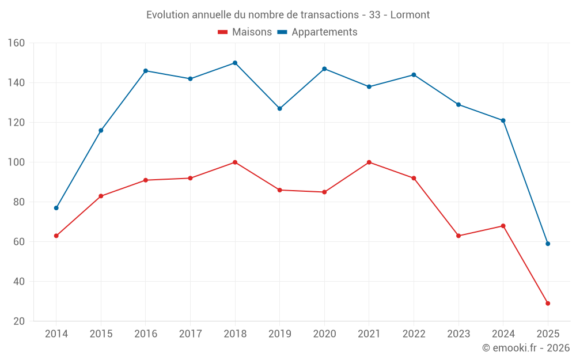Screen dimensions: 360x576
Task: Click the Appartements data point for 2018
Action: coord(235,63)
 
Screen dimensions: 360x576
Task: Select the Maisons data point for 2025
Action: coord(548,304)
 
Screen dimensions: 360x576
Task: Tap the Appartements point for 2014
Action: coord(56,208)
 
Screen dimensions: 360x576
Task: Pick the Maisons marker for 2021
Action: coord(369,162)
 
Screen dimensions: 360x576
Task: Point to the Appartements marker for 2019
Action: coord(280,108)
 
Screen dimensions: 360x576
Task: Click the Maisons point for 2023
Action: coord(458,236)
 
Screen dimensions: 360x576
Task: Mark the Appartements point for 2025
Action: coord(548,244)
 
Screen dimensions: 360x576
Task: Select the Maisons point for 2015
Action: coord(101,196)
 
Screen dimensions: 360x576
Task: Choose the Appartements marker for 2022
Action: coord(414,75)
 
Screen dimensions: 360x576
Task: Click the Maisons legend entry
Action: coord(245,32)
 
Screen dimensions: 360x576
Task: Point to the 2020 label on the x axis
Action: coord(324,334)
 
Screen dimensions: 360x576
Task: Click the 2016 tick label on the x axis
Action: coord(145,334)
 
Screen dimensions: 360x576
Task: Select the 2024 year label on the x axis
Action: coord(503,334)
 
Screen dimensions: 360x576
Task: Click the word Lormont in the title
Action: coord(410,15)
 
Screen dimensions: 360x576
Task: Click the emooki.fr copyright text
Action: coord(525,348)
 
